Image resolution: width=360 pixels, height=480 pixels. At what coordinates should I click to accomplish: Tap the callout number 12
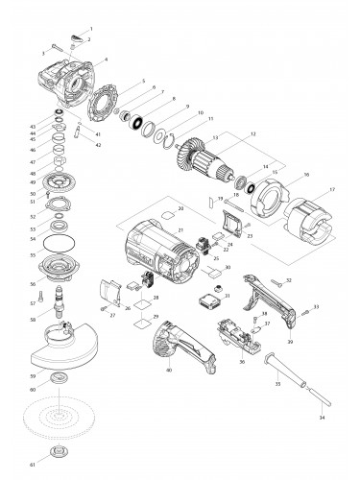(252, 133)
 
